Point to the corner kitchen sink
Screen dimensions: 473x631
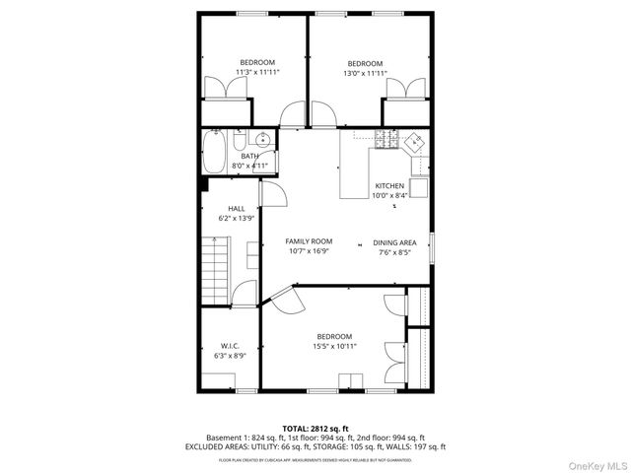tap(417, 140)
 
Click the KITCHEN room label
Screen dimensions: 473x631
tap(389, 185)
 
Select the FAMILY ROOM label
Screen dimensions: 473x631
tap(309, 241)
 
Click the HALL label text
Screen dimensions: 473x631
tap(237, 208)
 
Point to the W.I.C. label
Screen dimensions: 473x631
tap(230, 346)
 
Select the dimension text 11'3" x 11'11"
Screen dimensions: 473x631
tap(258, 73)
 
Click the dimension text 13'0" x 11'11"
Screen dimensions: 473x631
tap(365, 73)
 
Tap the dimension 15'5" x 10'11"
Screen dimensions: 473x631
tap(334, 346)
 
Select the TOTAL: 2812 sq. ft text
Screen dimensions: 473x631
tap(315, 428)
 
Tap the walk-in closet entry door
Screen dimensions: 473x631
tap(245, 295)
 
